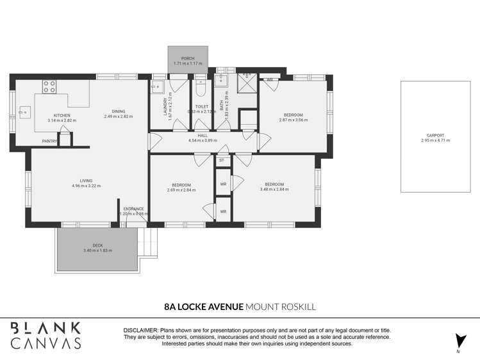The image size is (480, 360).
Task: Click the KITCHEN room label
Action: coord(62,115)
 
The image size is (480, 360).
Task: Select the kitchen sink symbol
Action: coord(24,112)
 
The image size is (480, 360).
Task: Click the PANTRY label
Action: coord(49,140)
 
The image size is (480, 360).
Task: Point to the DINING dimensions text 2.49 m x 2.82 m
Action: coord(118,117)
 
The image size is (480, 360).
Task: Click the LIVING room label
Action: coord(86,181)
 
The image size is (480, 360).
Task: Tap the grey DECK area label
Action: coord(97,245)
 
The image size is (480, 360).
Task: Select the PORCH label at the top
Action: coord(188,58)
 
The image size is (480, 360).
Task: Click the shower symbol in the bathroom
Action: coord(246,81)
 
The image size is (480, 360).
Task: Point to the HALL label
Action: coord(203,136)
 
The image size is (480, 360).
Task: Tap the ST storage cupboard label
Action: coord(222,160)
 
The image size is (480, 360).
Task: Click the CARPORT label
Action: coord(435,135)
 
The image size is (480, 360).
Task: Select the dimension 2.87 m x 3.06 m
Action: coord(293,120)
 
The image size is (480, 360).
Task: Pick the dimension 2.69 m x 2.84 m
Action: coord(179,190)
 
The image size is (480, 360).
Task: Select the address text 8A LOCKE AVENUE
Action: coord(204,307)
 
